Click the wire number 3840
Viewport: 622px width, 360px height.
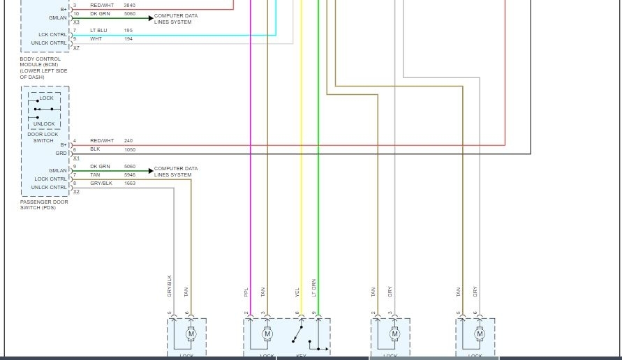[129, 6]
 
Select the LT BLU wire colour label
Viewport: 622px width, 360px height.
[98, 31]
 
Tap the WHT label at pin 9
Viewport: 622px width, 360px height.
[96, 39]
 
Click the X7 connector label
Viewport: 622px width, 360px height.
[76, 48]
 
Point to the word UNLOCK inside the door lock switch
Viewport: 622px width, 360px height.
[44, 124]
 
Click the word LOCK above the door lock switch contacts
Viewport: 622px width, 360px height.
[46, 98]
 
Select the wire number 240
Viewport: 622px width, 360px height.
[128, 141]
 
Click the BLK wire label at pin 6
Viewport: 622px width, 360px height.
[95, 149]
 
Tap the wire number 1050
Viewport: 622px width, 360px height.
[129, 149]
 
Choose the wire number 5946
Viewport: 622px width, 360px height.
[129, 174]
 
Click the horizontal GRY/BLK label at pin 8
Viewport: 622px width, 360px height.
[101, 183]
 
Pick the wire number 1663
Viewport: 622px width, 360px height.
[129, 183]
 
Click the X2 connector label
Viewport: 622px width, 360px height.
[76, 192]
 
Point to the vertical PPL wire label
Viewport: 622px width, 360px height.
[246, 292]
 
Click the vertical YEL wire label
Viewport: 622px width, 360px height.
[297, 293]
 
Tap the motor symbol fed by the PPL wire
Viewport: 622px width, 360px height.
[267, 335]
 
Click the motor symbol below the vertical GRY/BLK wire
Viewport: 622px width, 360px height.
[191, 335]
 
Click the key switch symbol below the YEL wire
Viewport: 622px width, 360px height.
[299, 336]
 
